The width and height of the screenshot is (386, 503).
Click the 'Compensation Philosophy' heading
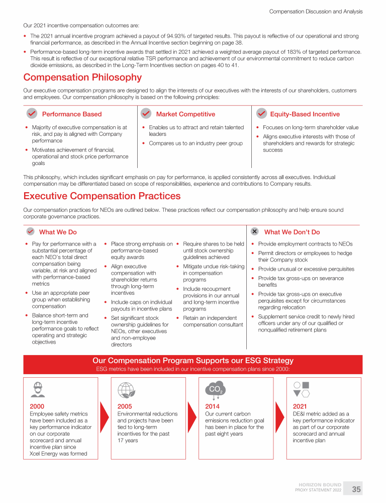(82, 77)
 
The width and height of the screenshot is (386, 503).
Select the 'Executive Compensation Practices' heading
(102, 196)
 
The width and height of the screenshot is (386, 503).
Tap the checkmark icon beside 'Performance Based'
(32, 114)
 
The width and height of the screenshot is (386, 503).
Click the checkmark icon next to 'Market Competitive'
(146, 114)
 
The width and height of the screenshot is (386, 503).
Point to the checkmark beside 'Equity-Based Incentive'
(261, 114)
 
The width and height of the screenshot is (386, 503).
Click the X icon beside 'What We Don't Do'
(255, 231)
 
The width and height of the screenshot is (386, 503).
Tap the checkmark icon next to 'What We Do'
(30, 231)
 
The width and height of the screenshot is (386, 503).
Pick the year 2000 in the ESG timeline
(37, 406)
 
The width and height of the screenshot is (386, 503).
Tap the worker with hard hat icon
(37, 389)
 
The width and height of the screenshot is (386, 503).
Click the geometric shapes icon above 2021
(301, 389)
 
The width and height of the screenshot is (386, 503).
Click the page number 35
(356, 489)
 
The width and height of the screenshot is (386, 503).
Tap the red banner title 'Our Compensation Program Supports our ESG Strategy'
(193, 361)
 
